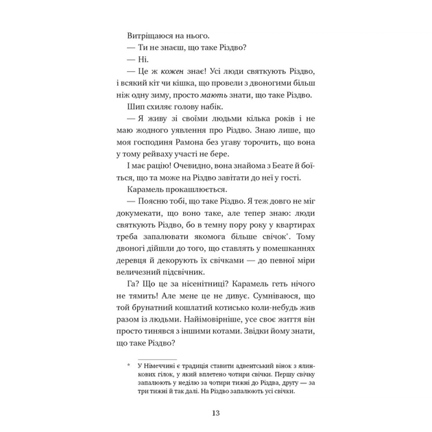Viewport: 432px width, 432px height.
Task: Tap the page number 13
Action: point(215,413)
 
